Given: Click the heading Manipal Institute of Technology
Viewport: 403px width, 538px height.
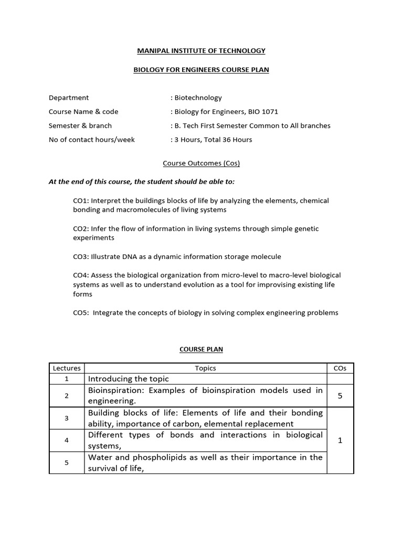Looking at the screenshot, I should click(x=201, y=51).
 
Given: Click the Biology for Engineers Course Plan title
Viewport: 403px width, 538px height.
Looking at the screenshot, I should click(x=201, y=70).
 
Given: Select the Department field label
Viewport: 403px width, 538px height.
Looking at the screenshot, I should click(x=69, y=98).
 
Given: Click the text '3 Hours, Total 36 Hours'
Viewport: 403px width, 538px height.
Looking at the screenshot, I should click(x=213, y=140).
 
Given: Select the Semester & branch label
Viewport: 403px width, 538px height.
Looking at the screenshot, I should click(x=80, y=126).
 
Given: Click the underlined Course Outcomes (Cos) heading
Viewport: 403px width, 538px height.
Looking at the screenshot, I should click(x=201, y=163).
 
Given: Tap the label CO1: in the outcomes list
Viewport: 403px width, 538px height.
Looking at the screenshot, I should click(x=81, y=201).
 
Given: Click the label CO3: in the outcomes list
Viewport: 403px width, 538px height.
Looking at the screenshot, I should click(x=81, y=257).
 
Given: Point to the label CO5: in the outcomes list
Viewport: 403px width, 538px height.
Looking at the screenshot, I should click(x=81, y=313).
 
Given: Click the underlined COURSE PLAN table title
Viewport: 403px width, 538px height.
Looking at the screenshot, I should click(x=201, y=349).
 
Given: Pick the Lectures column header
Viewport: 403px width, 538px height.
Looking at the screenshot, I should click(x=66, y=368).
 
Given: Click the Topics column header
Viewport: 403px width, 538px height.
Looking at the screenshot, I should click(x=205, y=368).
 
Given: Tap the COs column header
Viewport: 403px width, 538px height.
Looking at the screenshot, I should click(x=340, y=368).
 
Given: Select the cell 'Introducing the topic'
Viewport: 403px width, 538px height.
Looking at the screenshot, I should click(x=129, y=379).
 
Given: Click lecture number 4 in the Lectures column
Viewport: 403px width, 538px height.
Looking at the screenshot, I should click(x=66, y=440).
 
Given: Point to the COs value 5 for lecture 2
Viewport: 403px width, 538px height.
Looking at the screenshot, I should click(x=340, y=396).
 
